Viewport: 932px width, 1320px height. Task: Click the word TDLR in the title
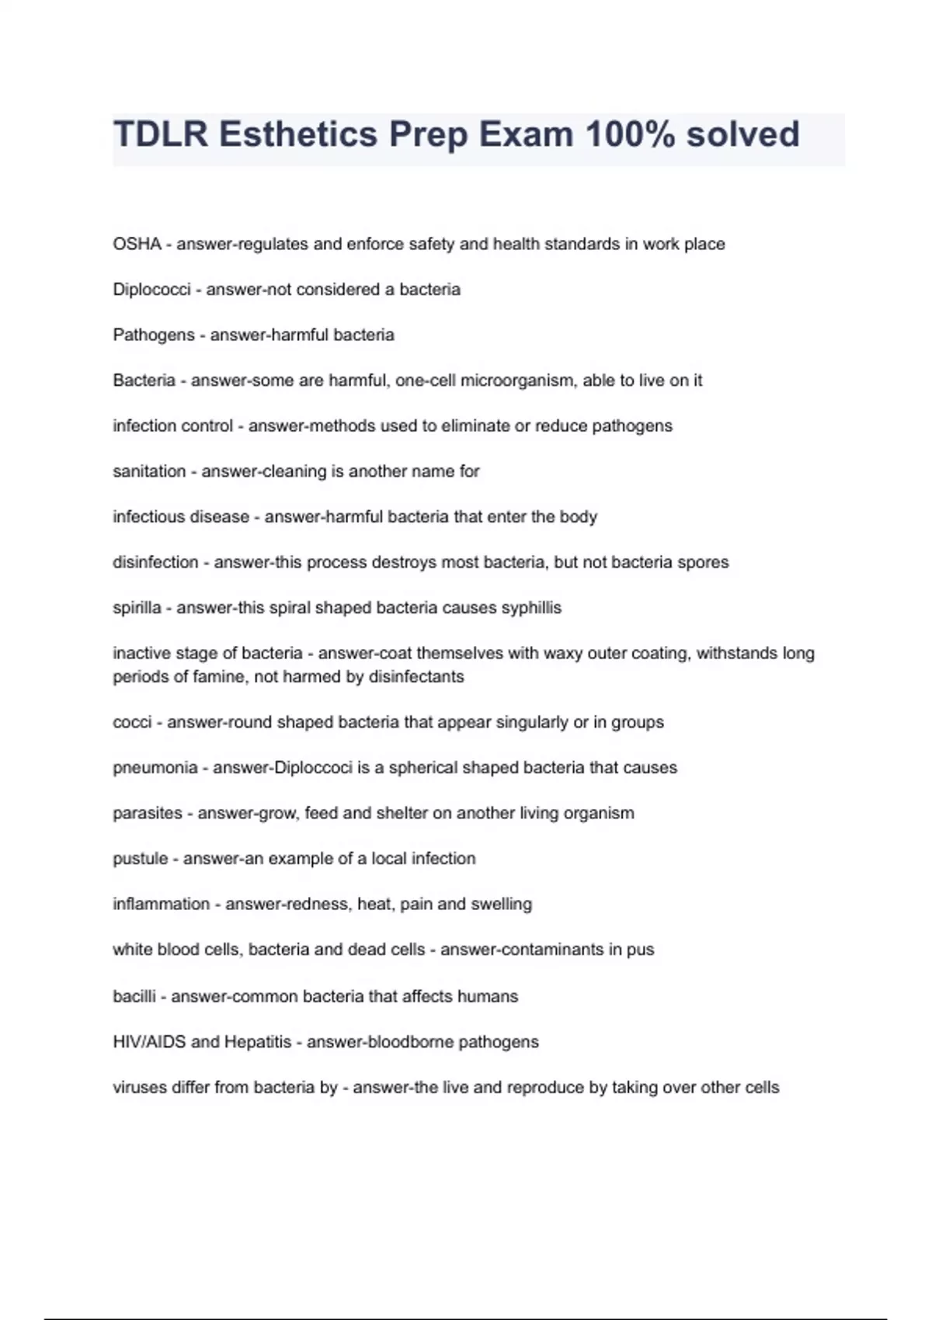click(x=160, y=134)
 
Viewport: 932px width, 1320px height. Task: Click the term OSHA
click(x=137, y=244)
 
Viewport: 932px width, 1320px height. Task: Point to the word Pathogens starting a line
click(x=154, y=335)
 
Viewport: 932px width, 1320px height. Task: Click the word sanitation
click(x=149, y=471)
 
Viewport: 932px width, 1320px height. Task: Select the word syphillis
click(x=531, y=608)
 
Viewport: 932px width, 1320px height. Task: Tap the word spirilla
click(x=137, y=608)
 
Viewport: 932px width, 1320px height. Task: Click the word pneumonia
click(x=155, y=768)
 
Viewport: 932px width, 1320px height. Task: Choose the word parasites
click(x=148, y=813)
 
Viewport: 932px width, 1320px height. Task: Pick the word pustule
click(x=141, y=859)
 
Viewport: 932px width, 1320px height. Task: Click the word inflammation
click(x=162, y=904)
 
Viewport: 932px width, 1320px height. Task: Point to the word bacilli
click(x=134, y=996)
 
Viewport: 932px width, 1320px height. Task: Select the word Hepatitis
click(x=258, y=1042)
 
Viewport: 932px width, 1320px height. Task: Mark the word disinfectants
click(x=416, y=677)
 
